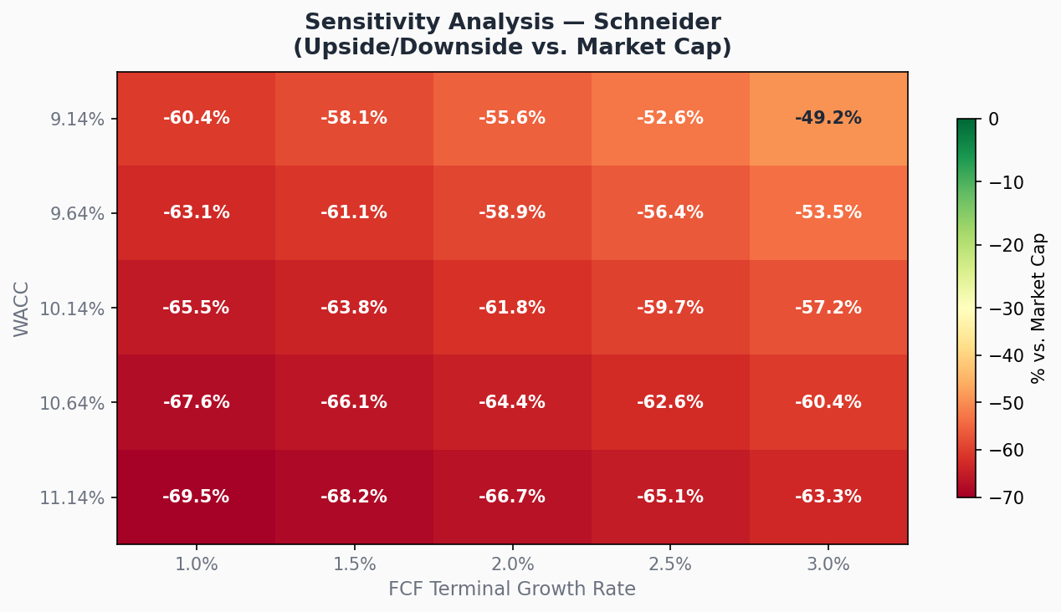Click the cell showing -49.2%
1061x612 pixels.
[828, 119]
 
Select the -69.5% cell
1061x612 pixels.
[196, 497]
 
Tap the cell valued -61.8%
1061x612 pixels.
[512, 308]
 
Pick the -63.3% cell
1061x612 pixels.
[828, 497]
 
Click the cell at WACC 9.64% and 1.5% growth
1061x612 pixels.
[354, 213]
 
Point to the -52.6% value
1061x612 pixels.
[670, 119]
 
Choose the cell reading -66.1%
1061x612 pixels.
[354, 402]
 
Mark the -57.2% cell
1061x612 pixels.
[828, 308]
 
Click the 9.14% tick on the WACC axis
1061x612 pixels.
[77, 119]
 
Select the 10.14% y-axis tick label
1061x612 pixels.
[74, 309]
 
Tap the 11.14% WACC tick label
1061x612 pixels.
[74, 497]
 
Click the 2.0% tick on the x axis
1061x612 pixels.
[512, 564]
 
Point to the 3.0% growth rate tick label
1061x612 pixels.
[828, 564]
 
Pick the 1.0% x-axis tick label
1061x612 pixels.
[196, 564]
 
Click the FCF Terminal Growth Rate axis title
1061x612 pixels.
[512, 589]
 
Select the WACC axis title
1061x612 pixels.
[22, 309]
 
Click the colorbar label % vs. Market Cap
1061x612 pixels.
[1039, 309]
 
